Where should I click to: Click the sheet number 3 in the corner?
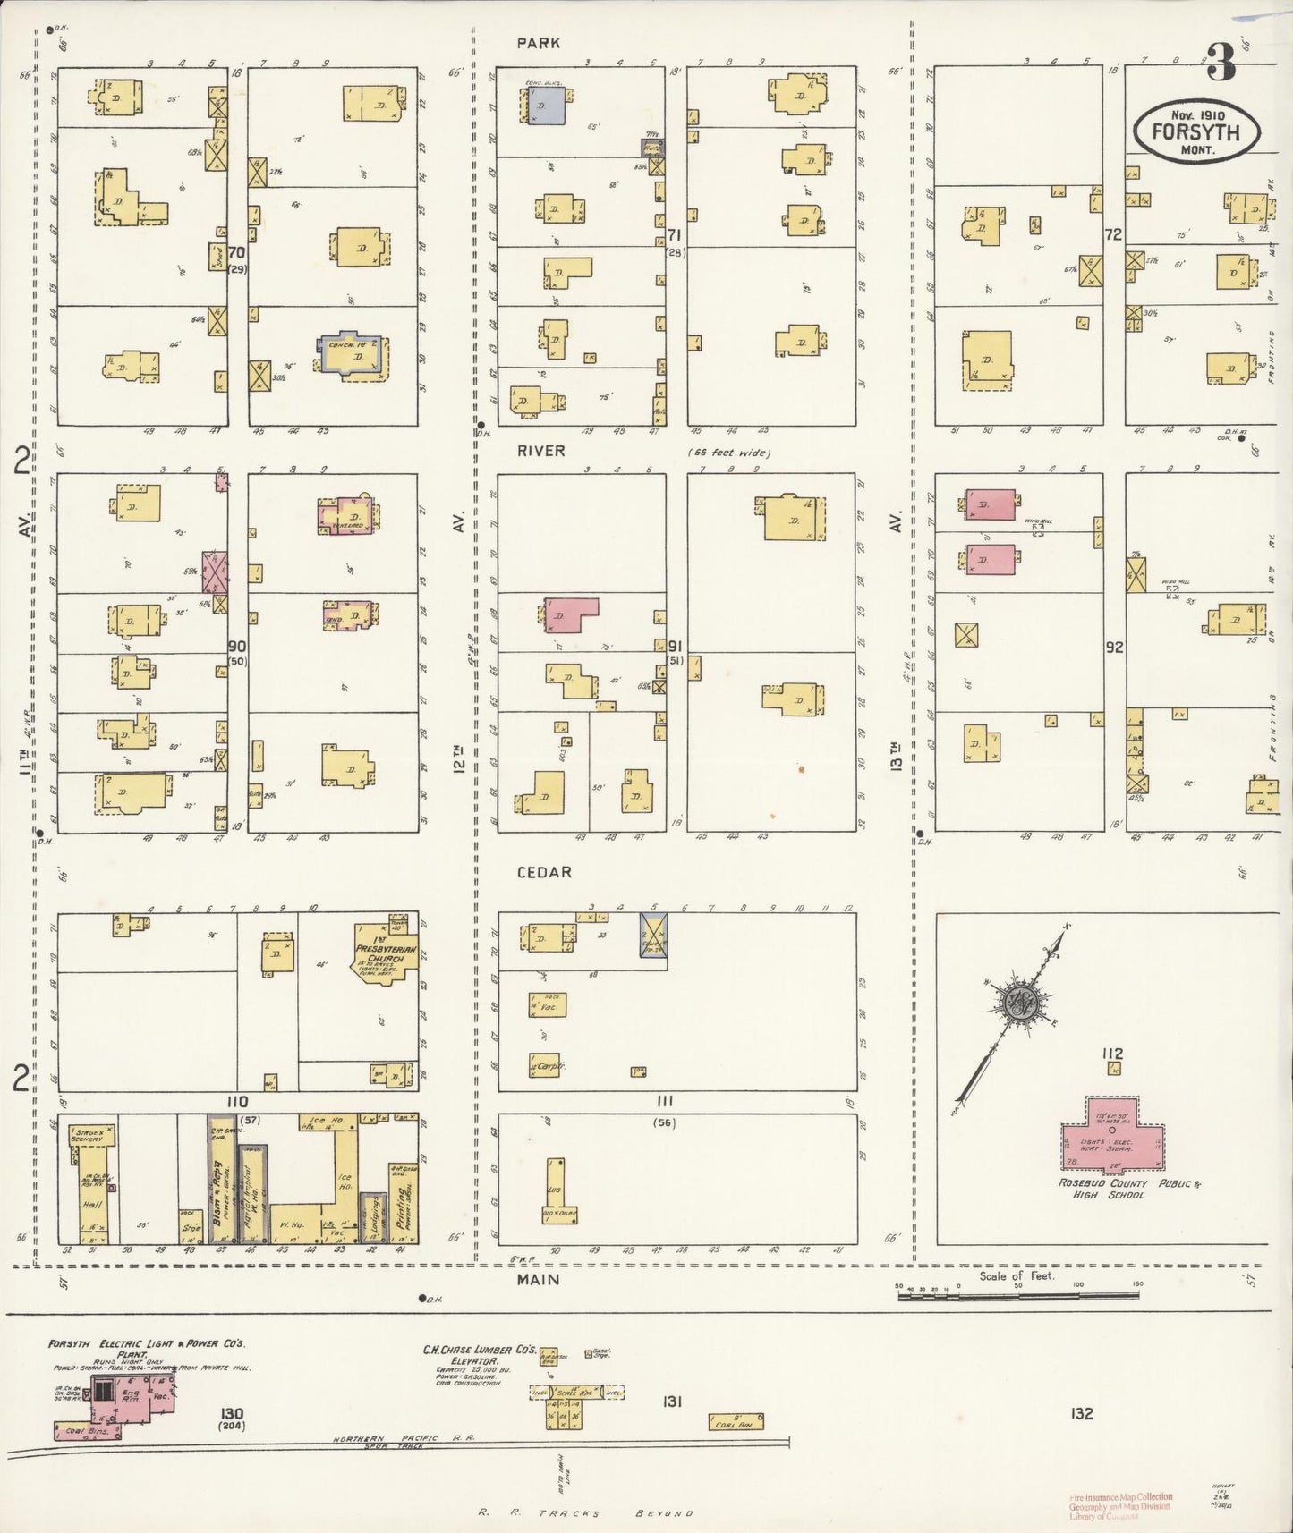pos(1221,64)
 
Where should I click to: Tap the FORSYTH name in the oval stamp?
pos(1195,131)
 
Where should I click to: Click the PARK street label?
pos(538,43)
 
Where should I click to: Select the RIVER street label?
pos(540,451)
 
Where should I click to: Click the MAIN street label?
pos(538,1280)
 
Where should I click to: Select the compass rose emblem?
pos(1018,1001)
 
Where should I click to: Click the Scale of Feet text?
pos(1017,1275)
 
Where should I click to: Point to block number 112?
pos(1113,1054)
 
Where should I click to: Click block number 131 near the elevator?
pos(672,1402)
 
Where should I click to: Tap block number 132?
pos(1081,1414)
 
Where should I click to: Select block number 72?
pos(1113,235)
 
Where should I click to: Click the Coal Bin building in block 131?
pos(736,1421)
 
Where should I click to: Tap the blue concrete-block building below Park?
pos(546,106)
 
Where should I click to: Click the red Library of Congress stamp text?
pos(1119,1506)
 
